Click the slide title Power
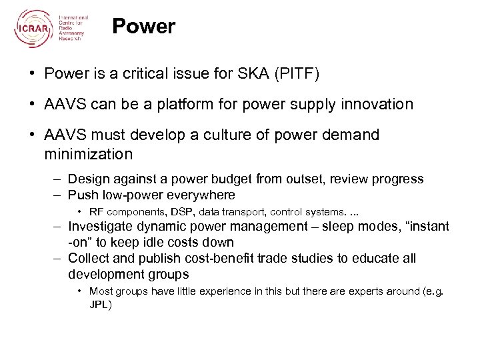[143, 27]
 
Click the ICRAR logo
[33, 27]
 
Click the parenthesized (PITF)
[299, 74]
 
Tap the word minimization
[89, 154]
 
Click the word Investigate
[100, 226]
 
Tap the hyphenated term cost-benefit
[211, 258]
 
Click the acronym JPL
[100, 305]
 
